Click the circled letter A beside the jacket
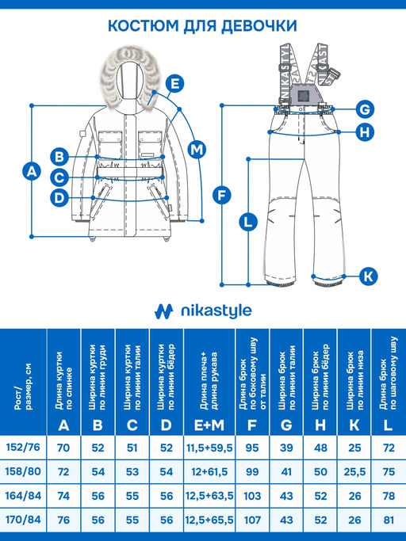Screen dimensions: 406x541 point(32,171)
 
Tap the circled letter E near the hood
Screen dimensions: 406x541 point(174,84)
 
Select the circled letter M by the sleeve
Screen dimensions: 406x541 point(197,150)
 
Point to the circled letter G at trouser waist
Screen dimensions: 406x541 point(365,109)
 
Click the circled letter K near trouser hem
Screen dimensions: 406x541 point(369,276)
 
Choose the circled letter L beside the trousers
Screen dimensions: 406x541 point(248,222)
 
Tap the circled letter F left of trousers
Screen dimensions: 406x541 point(221,196)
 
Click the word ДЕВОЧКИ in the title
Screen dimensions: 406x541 point(259,26)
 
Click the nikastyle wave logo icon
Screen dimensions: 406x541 point(163,311)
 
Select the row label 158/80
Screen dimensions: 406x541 point(23,471)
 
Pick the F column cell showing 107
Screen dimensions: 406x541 point(252,520)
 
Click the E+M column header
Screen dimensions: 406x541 point(209,426)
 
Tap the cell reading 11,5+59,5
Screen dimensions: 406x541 point(209,448)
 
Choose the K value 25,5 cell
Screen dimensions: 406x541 point(354,471)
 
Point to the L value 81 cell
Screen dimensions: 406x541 point(389,520)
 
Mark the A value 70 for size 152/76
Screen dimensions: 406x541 point(63,448)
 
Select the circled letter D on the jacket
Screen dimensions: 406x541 point(59,198)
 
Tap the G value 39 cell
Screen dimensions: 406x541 point(286,448)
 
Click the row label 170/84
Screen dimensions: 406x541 point(23,520)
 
